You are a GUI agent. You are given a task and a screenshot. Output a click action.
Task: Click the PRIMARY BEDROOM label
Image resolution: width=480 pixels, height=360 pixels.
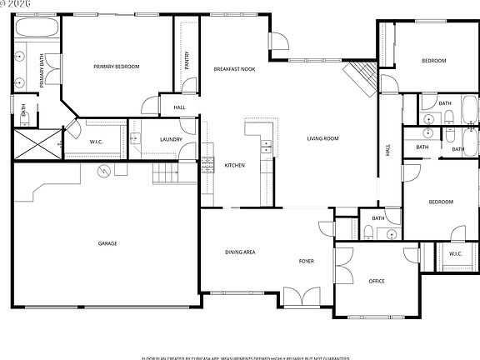(116, 67)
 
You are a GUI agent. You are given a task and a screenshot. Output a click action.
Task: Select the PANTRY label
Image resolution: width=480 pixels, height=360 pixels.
(187, 60)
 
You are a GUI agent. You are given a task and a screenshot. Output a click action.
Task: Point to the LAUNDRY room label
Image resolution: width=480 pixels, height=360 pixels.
(171, 139)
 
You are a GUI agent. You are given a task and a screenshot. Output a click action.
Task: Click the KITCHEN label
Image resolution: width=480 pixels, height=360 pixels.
(235, 166)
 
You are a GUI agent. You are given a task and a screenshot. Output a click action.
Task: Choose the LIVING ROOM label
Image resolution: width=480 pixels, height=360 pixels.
(322, 138)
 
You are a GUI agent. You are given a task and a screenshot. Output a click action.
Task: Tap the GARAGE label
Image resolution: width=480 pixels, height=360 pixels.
(107, 243)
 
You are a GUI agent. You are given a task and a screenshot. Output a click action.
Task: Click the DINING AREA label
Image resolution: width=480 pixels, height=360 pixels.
(240, 251)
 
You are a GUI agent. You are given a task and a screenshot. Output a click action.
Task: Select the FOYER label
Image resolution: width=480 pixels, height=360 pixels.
(307, 262)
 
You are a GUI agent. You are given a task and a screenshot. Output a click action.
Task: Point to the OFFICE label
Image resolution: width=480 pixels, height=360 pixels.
(377, 281)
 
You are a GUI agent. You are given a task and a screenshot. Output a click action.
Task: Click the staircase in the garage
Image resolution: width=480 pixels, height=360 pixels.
(166, 173)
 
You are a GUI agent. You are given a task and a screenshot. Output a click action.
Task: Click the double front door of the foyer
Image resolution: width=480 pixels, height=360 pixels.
(297, 296)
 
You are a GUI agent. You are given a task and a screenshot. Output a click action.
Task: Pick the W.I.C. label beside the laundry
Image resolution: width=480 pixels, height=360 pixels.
(97, 142)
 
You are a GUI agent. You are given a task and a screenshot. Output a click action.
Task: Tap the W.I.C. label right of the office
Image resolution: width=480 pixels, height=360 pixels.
(455, 253)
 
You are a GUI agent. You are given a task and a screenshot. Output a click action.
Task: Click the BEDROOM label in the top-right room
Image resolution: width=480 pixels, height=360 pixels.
(432, 61)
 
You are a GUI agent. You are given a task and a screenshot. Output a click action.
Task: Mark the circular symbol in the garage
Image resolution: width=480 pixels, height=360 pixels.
(104, 172)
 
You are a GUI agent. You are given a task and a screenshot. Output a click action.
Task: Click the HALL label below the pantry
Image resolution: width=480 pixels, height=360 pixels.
(179, 107)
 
